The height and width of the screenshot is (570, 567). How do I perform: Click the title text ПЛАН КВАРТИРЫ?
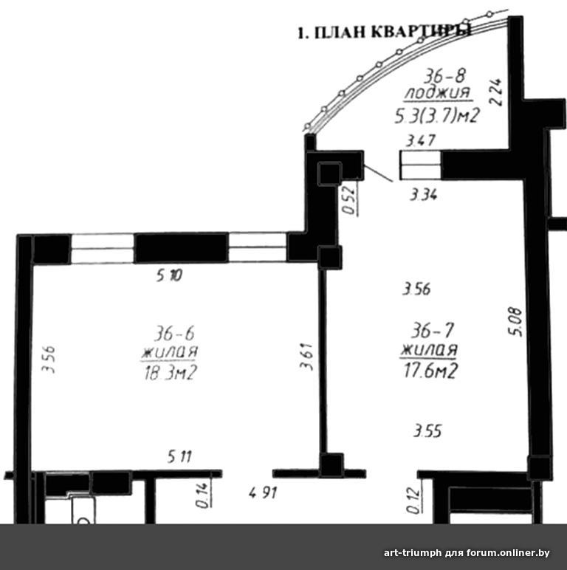pos(393,32)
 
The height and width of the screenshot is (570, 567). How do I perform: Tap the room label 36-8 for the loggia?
pos(445,75)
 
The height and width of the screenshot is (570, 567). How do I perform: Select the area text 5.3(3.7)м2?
pos(437,116)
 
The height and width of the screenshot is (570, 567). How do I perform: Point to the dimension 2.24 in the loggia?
pos(496,92)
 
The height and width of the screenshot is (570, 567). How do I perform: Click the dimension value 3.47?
pos(420,140)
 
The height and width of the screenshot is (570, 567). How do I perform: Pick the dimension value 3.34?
pos(424,195)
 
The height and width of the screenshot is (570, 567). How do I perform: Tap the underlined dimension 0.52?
pos(349,200)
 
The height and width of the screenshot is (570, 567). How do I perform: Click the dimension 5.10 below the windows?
pos(169,276)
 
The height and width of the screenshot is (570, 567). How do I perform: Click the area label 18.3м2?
pos(171,373)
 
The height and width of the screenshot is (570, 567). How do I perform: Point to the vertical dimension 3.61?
pos(306,356)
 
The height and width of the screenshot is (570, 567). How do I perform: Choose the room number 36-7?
pos(433,331)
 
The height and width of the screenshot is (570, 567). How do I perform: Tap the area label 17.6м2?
pos(430,371)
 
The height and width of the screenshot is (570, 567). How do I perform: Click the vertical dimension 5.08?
pos(515,322)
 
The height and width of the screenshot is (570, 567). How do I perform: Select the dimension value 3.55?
pos(427,431)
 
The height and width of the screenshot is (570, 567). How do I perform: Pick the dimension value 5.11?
pos(179,456)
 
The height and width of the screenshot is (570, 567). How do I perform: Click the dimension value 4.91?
pos(263,493)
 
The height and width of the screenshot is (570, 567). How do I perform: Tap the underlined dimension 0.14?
pos(202,495)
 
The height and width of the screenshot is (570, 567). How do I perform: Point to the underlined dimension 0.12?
pos(413,500)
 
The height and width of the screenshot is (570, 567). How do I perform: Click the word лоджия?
pos(438,93)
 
